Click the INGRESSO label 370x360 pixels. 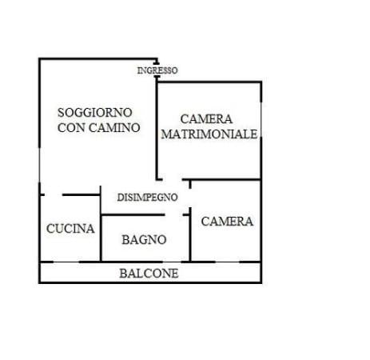[x=157, y=70]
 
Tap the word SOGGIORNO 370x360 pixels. [x=95, y=112]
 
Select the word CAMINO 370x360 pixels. [x=114, y=127]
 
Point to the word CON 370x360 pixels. [x=71, y=127]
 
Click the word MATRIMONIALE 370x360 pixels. [x=209, y=134]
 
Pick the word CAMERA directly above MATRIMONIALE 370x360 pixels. [x=206, y=119]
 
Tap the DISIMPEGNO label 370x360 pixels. [x=148, y=198]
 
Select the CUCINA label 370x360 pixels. [x=70, y=229]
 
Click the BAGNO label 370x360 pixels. [x=144, y=239]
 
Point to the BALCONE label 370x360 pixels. [x=149, y=274]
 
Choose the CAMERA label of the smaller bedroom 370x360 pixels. [x=227, y=222]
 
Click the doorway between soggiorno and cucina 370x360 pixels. [x=54, y=195]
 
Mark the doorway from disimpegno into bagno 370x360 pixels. [x=173, y=214]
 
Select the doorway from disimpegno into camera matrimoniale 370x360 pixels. [x=173, y=179]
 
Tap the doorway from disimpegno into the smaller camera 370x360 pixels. [x=190, y=198]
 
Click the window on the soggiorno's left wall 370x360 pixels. [x=39, y=165]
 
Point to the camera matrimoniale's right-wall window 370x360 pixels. [x=261, y=119]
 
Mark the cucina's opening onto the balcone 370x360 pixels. [x=66, y=262]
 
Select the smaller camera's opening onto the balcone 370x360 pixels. [x=227, y=262]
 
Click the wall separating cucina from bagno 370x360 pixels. [x=101, y=238]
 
